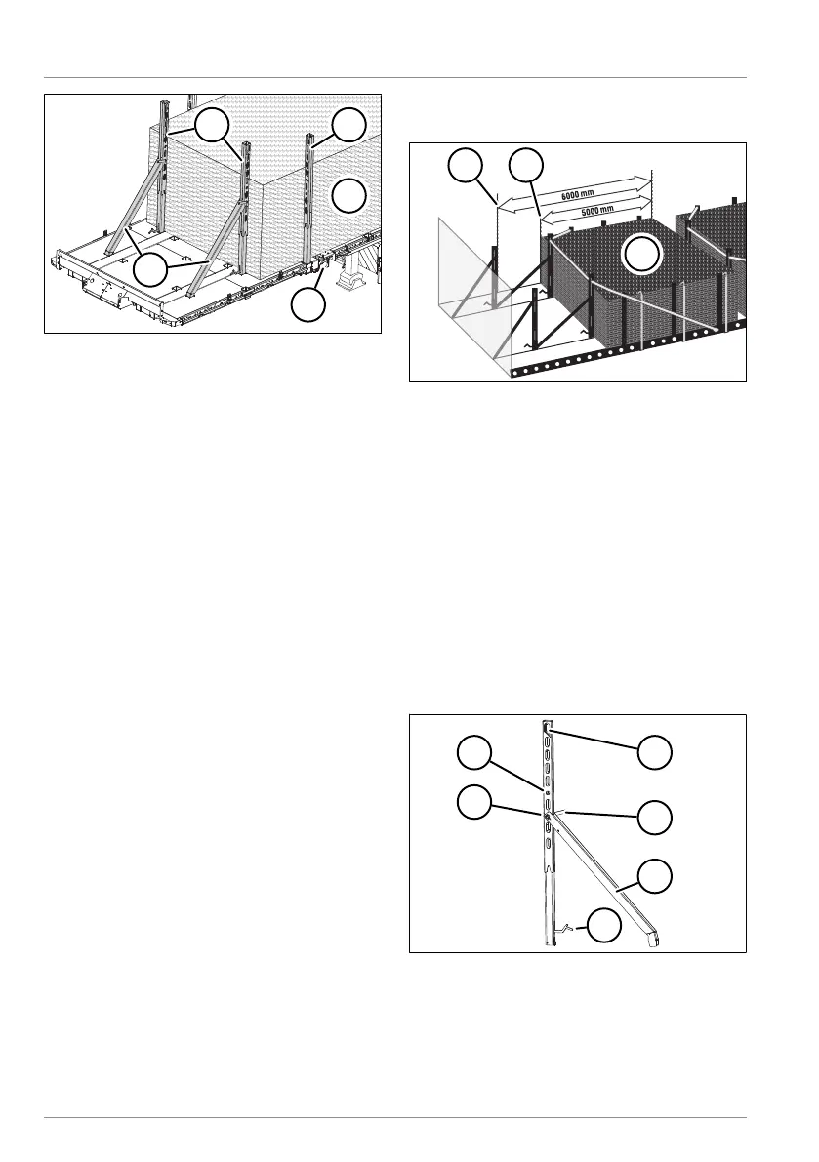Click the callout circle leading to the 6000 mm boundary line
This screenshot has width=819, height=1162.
(468, 168)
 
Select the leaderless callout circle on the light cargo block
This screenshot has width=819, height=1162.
(348, 196)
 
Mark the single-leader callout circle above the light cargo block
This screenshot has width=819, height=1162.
(348, 127)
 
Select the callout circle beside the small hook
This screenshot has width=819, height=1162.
(606, 926)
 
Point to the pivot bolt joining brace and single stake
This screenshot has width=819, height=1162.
(549, 809)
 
